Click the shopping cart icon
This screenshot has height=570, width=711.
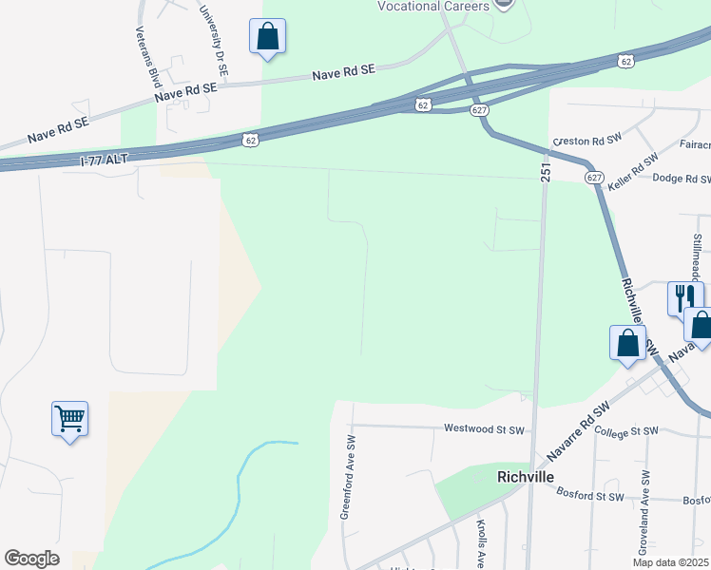click(69, 418)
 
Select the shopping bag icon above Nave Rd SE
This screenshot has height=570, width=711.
click(267, 37)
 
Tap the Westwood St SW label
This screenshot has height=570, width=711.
click(484, 429)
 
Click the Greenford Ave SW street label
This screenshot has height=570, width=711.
click(348, 477)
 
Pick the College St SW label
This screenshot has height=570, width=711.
click(625, 431)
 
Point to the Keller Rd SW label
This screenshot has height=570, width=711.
click(633, 164)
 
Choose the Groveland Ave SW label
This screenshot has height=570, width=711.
click(645, 504)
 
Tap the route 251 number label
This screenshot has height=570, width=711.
click(546, 167)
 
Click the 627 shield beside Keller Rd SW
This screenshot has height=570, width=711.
click(595, 177)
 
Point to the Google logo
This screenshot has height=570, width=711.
click(32, 559)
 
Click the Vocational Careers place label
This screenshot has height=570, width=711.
click(432, 6)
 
